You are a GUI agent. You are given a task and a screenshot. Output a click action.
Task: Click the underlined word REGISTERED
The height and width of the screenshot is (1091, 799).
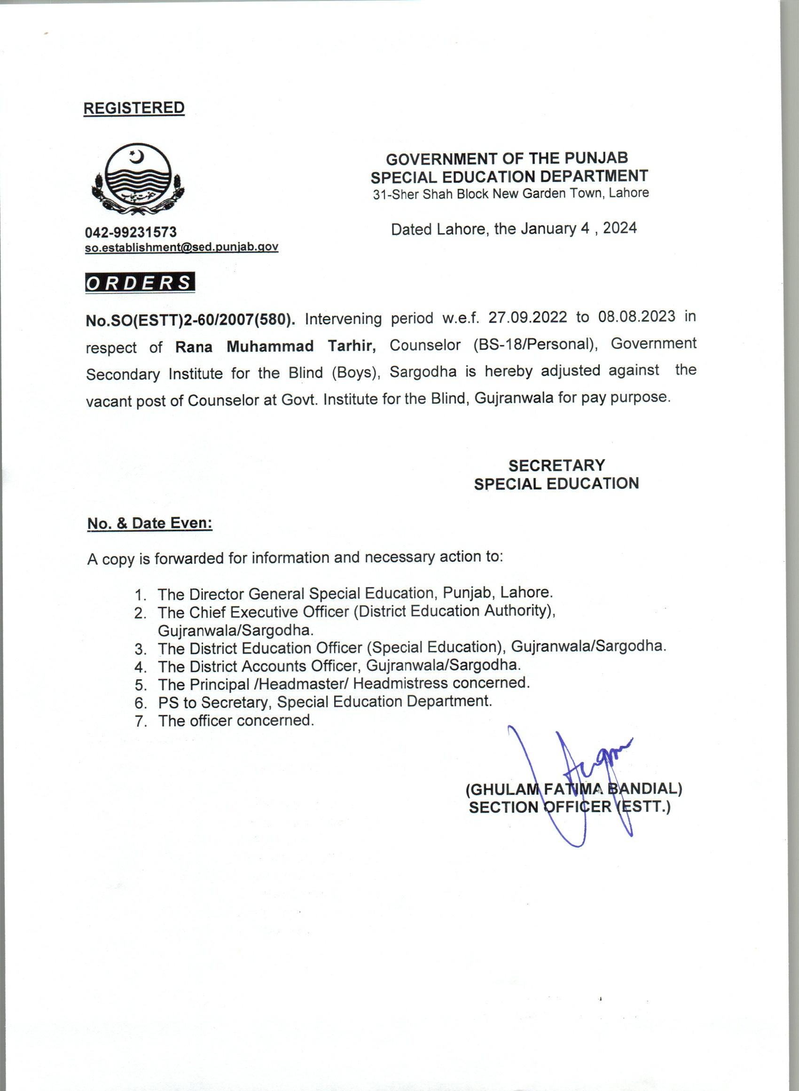tap(134, 108)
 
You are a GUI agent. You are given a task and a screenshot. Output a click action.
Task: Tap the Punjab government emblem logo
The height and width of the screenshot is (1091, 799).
tap(138, 181)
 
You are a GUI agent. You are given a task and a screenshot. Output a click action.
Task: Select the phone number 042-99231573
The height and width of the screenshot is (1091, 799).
tap(131, 233)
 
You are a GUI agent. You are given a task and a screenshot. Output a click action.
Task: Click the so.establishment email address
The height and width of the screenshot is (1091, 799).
tap(181, 247)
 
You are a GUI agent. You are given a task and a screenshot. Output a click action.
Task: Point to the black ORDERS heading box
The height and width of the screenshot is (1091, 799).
tap(140, 283)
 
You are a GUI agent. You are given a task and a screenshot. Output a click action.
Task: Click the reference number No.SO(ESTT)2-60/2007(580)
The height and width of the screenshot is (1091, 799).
tap(190, 321)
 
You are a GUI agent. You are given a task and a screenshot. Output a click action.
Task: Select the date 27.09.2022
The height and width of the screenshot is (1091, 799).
tap(527, 317)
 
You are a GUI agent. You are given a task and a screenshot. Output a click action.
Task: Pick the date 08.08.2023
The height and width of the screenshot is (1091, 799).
tap(636, 316)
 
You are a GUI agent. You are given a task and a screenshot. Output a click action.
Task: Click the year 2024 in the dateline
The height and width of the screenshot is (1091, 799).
tap(619, 228)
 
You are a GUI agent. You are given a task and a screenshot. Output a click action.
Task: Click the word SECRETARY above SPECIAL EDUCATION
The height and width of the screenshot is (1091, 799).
tap(556, 465)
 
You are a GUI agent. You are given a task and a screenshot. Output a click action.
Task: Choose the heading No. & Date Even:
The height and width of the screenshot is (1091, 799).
tap(149, 523)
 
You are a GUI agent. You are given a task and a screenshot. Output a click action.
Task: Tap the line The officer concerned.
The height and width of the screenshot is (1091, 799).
tap(235, 721)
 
